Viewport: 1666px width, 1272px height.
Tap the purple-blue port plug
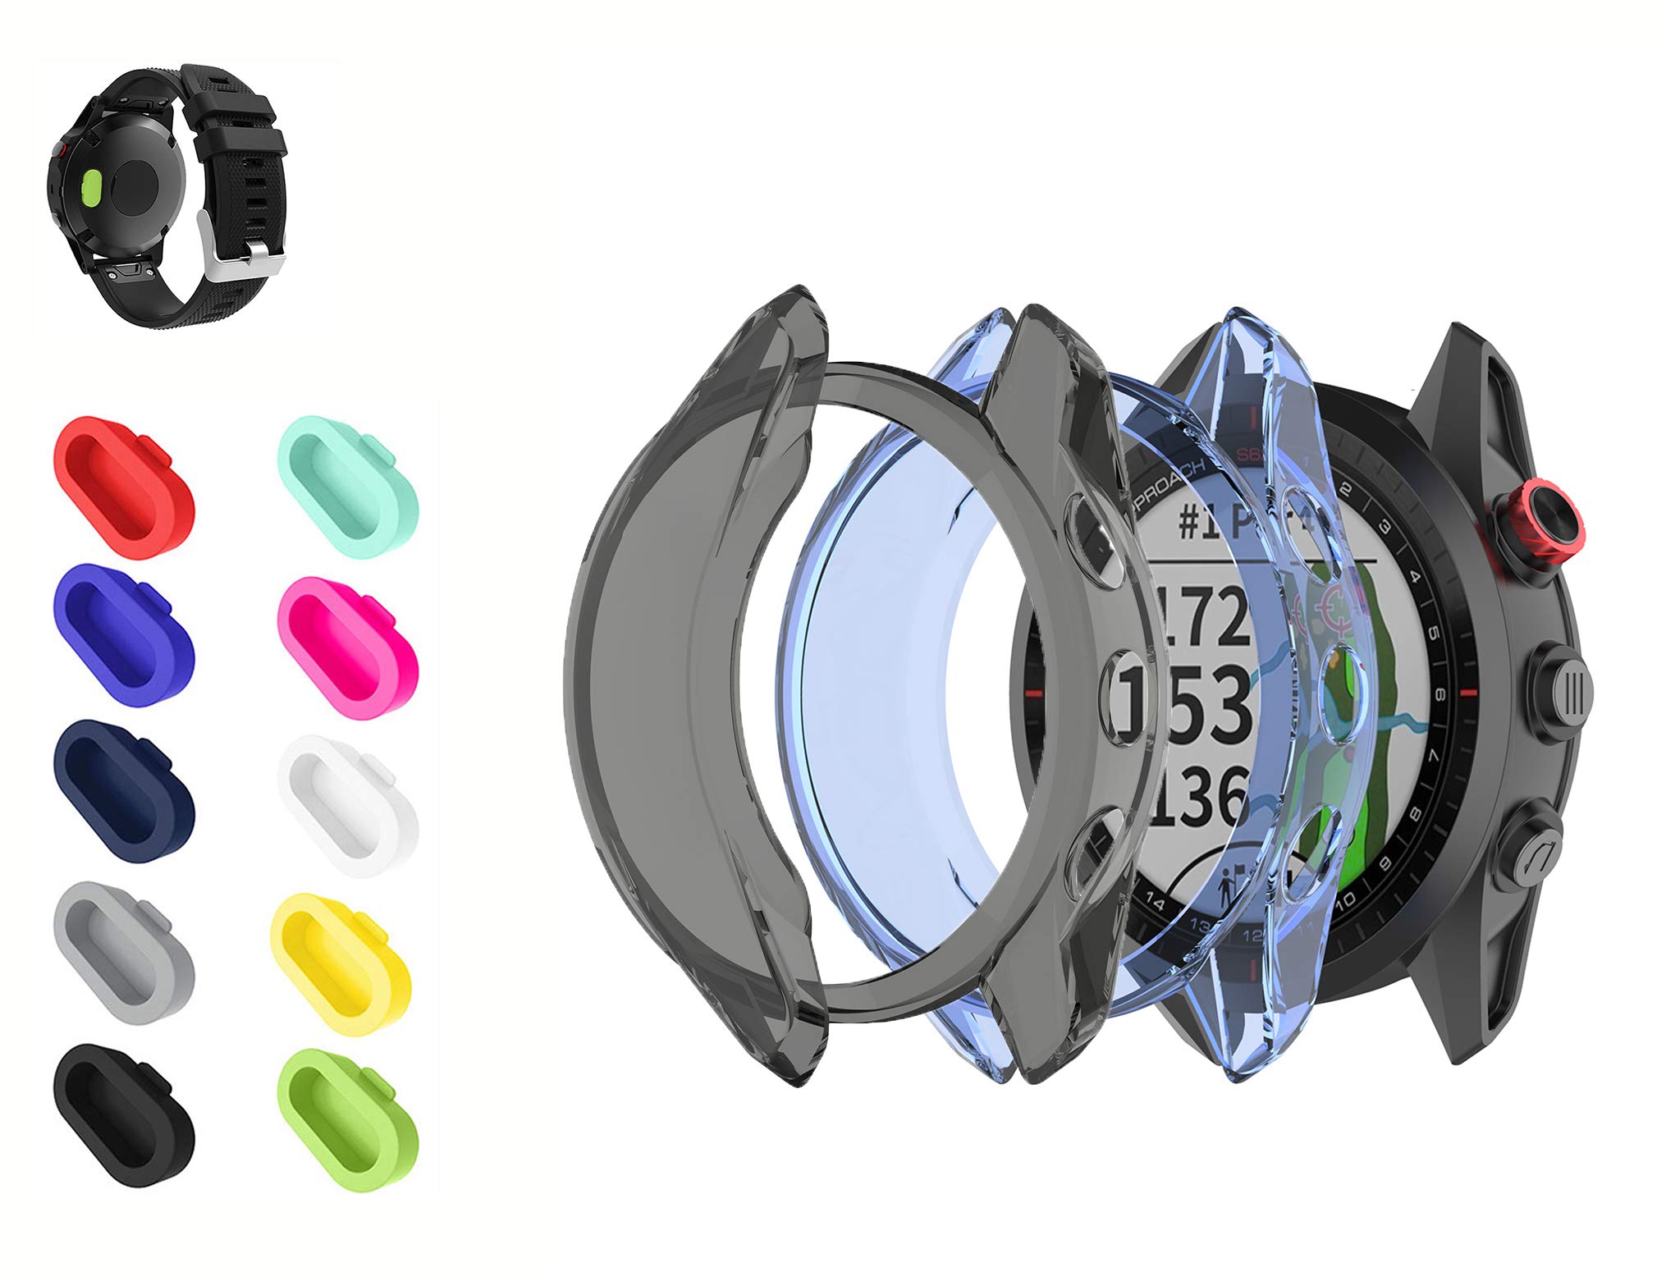click(x=123, y=634)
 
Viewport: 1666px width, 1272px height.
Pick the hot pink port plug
click(x=348, y=647)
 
